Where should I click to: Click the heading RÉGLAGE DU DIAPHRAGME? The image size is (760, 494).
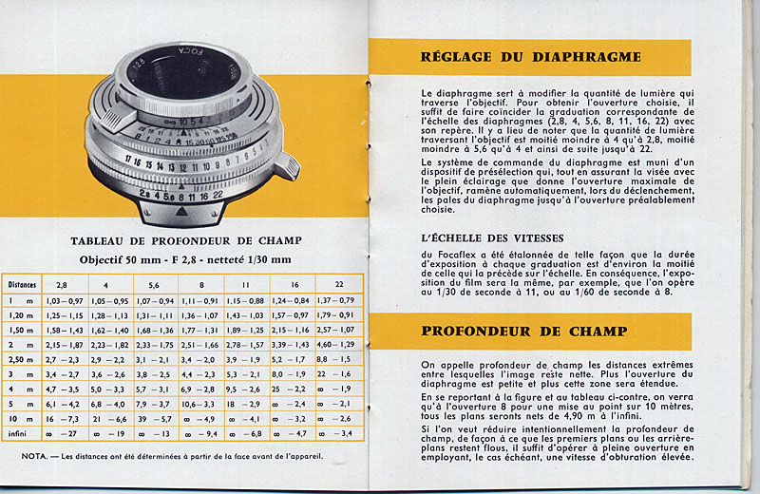530,57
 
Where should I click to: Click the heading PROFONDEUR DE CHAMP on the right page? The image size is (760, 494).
523,332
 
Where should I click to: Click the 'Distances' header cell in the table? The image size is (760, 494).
23,283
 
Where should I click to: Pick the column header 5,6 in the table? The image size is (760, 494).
154,283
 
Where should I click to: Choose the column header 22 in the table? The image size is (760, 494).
339,283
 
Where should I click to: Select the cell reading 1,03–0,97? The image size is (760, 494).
65,301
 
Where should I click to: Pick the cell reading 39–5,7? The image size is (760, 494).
154,419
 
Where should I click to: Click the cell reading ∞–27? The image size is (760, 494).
65,434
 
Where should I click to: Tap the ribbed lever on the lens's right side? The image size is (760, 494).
283,167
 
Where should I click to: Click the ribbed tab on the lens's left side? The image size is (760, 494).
112,120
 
